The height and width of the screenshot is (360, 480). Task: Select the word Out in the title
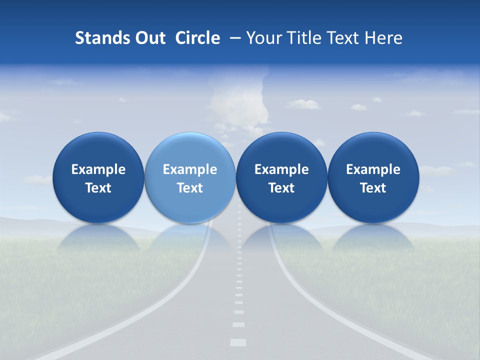coord(148,38)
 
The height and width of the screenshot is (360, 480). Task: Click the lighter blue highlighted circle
coord(190,177)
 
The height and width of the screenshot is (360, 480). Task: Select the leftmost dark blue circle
coord(98,177)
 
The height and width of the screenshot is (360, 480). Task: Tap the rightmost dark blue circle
coord(373,177)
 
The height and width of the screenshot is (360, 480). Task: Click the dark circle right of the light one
coord(281,177)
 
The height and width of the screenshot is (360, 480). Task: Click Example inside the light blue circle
coord(190,169)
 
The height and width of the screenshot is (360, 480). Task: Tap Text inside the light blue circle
coord(190,188)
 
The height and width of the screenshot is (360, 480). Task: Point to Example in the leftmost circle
coord(98,169)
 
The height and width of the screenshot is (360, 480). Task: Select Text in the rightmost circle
coord(373,188)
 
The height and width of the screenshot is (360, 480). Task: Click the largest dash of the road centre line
coord(238,342)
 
